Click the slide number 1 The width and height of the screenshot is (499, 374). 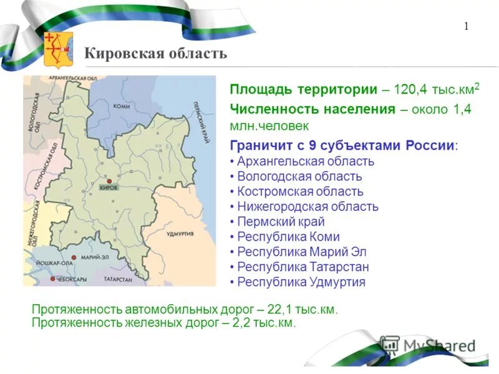466,26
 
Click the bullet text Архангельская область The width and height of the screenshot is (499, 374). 306,161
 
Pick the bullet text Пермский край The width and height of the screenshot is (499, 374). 281,222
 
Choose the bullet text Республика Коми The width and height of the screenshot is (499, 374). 288,237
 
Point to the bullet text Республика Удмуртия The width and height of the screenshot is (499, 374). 301,282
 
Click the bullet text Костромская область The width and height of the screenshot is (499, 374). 300,191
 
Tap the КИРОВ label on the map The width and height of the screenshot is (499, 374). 109,188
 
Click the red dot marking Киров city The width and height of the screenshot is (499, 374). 109,180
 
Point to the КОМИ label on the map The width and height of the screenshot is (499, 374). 122,106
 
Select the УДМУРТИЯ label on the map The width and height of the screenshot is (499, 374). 180,233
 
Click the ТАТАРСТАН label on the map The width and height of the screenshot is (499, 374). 118,280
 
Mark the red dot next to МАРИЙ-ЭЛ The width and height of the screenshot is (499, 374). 74,257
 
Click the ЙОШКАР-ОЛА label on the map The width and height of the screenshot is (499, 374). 48,262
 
